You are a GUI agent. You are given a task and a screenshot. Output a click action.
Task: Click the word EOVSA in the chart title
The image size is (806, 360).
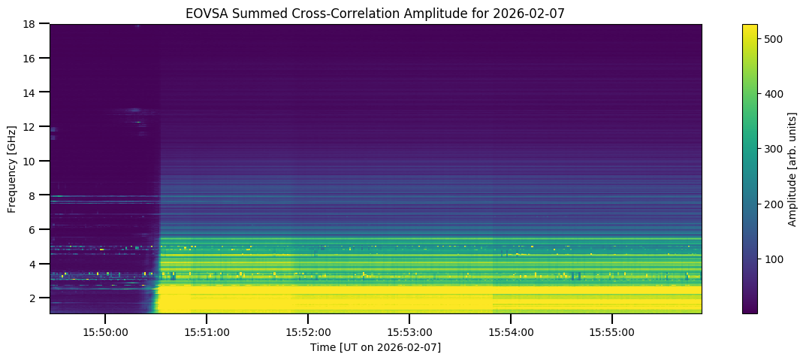tap(204, 14)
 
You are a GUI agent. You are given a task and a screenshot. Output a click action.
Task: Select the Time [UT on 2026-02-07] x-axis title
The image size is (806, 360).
tap(376, 347)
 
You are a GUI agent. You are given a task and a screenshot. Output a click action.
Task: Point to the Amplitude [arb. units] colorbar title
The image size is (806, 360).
tap(792, 169)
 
